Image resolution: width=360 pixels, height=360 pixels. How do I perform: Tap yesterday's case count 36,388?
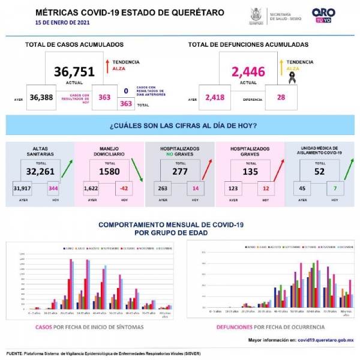click(x=42, y=98)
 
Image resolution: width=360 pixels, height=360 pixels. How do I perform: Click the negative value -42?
click(x=124, y=188)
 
